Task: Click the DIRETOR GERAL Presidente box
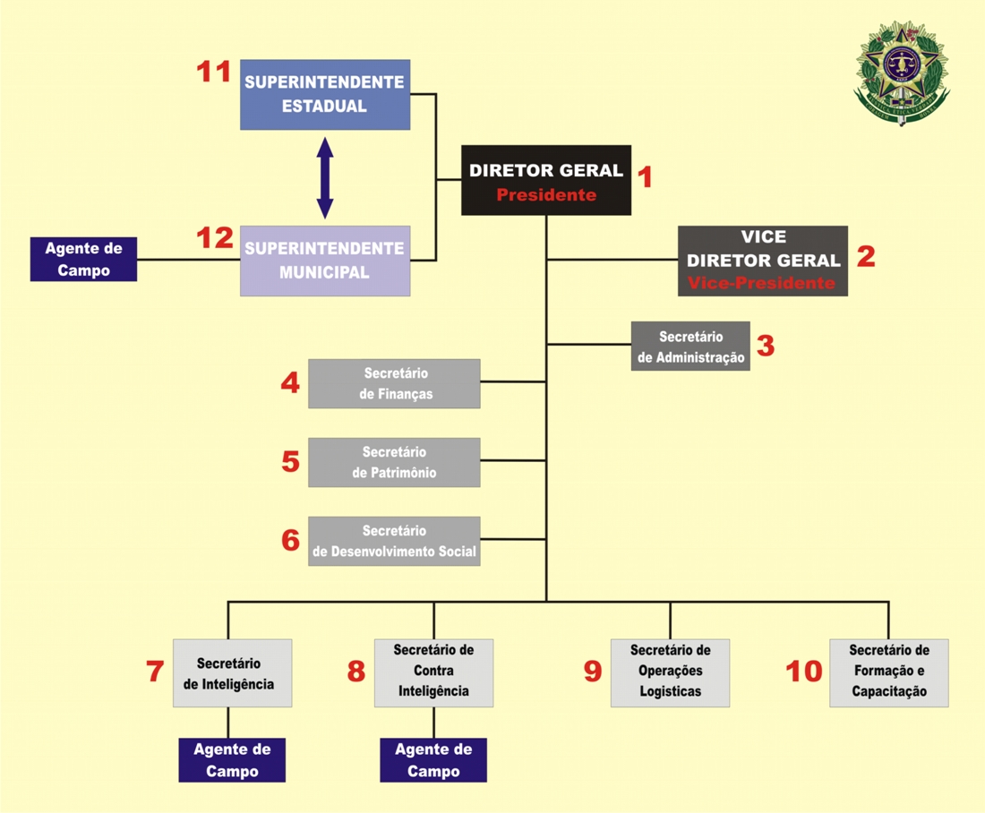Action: coord(546,180)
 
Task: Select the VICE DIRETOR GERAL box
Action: coord(763,261)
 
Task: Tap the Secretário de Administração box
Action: coord(690,347)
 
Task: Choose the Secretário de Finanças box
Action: coord(394,383)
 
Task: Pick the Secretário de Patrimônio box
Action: coord(394,462)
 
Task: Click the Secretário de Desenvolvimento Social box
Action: coord(394,541)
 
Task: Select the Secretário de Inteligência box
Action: coord(232,673)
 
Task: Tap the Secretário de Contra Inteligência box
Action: coord(433,673)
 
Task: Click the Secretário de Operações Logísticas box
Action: coord(670,673)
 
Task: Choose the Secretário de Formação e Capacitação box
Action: coord(888,673)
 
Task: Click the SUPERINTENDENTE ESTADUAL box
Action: coord(325,94)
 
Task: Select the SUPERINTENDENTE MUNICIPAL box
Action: coord(325,261)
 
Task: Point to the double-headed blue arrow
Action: coord(325,177)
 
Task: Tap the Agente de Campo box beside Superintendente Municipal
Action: coord(83,259)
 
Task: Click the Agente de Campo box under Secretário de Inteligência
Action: coord(232,760)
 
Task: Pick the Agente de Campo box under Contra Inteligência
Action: coord(433,760)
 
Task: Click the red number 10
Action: coord(803,672)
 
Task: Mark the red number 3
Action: coord(765,346)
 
